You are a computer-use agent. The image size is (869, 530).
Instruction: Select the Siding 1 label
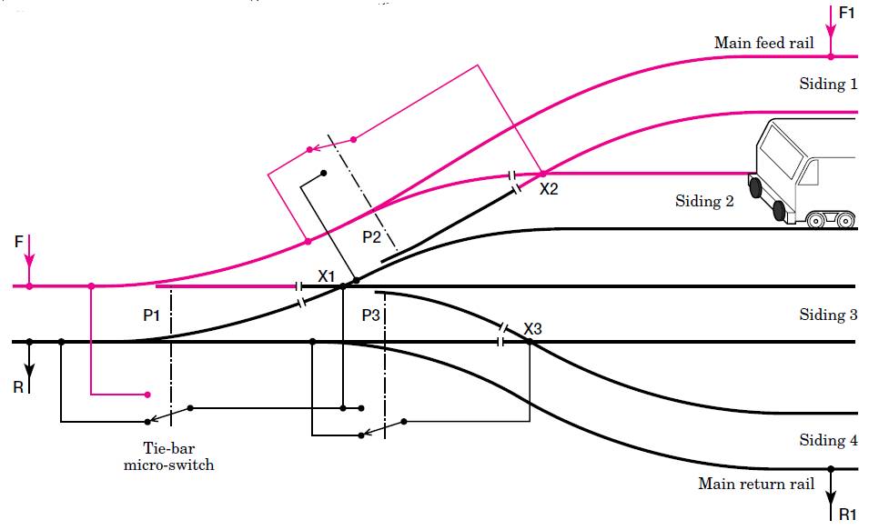point(828,85)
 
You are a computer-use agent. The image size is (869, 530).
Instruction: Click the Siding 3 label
point(828,315)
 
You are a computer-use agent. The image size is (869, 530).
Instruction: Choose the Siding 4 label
point(828,441)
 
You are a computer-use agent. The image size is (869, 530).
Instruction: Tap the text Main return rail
point(756,484)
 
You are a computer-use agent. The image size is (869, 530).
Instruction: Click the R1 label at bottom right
point(847,515)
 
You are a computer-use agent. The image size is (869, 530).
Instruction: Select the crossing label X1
point(327,275)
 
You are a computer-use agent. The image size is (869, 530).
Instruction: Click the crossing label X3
point(534,328)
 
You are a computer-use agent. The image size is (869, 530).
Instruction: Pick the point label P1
point(152,315)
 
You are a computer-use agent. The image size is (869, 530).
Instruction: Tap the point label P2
point(372,237)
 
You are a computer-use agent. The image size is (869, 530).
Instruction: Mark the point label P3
point(371,315)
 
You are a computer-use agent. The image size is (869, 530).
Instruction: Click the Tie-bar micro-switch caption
point(170,455)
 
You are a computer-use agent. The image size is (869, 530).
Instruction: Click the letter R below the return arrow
point(18,387)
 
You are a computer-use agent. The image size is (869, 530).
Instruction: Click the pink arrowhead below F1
point(831,45)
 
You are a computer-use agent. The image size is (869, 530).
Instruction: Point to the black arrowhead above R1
point(831,498)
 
